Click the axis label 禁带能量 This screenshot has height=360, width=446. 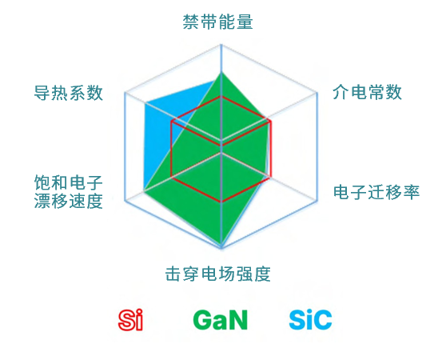217,22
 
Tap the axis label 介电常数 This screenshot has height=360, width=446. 367,92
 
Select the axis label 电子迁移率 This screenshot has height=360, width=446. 376,192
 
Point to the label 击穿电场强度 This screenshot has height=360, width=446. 217,274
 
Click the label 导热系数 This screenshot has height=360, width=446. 68,93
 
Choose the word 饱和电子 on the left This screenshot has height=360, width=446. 68,182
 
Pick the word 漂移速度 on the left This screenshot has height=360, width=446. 68,201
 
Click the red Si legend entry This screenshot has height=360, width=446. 130,320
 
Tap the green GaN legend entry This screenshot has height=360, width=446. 220,320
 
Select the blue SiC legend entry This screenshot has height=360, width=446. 310,320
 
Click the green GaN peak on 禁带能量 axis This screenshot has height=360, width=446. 221,73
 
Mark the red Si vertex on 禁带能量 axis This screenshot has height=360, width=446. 221,97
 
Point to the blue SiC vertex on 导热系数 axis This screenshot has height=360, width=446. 145,102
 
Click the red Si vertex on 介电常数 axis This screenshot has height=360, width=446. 271,122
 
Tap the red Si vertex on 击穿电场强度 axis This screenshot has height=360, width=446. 221,202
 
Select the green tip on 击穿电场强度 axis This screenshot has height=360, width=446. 221,245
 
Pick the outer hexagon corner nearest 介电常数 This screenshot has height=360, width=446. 317,93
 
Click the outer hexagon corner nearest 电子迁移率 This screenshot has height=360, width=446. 317,201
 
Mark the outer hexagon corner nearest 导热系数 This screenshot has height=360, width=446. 125,93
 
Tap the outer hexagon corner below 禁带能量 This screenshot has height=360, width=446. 221,45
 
